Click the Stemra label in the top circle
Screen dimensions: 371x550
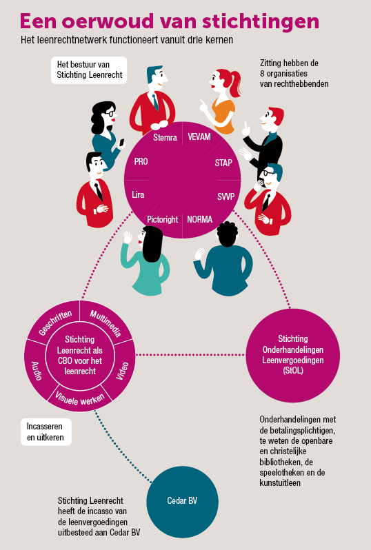pos(165,137)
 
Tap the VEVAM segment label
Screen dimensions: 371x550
pos(199,136)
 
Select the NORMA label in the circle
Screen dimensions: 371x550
pos(200,220)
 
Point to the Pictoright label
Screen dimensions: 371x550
pos(163,220)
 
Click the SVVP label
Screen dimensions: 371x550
pos(225,196)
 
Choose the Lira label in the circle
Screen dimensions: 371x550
pos(138,194)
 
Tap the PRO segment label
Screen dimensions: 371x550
pos(141,162)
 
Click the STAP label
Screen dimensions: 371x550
pos(223,163)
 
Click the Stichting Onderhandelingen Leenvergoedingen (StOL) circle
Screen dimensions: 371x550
pos(292,356)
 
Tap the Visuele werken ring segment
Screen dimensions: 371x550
pos(80,399)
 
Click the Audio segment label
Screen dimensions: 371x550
pos(37,371)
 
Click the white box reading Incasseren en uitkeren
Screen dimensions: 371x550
pos(46,431)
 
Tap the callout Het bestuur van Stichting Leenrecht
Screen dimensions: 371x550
pos(89,70)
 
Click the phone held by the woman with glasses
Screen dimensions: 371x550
pos(122,143)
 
